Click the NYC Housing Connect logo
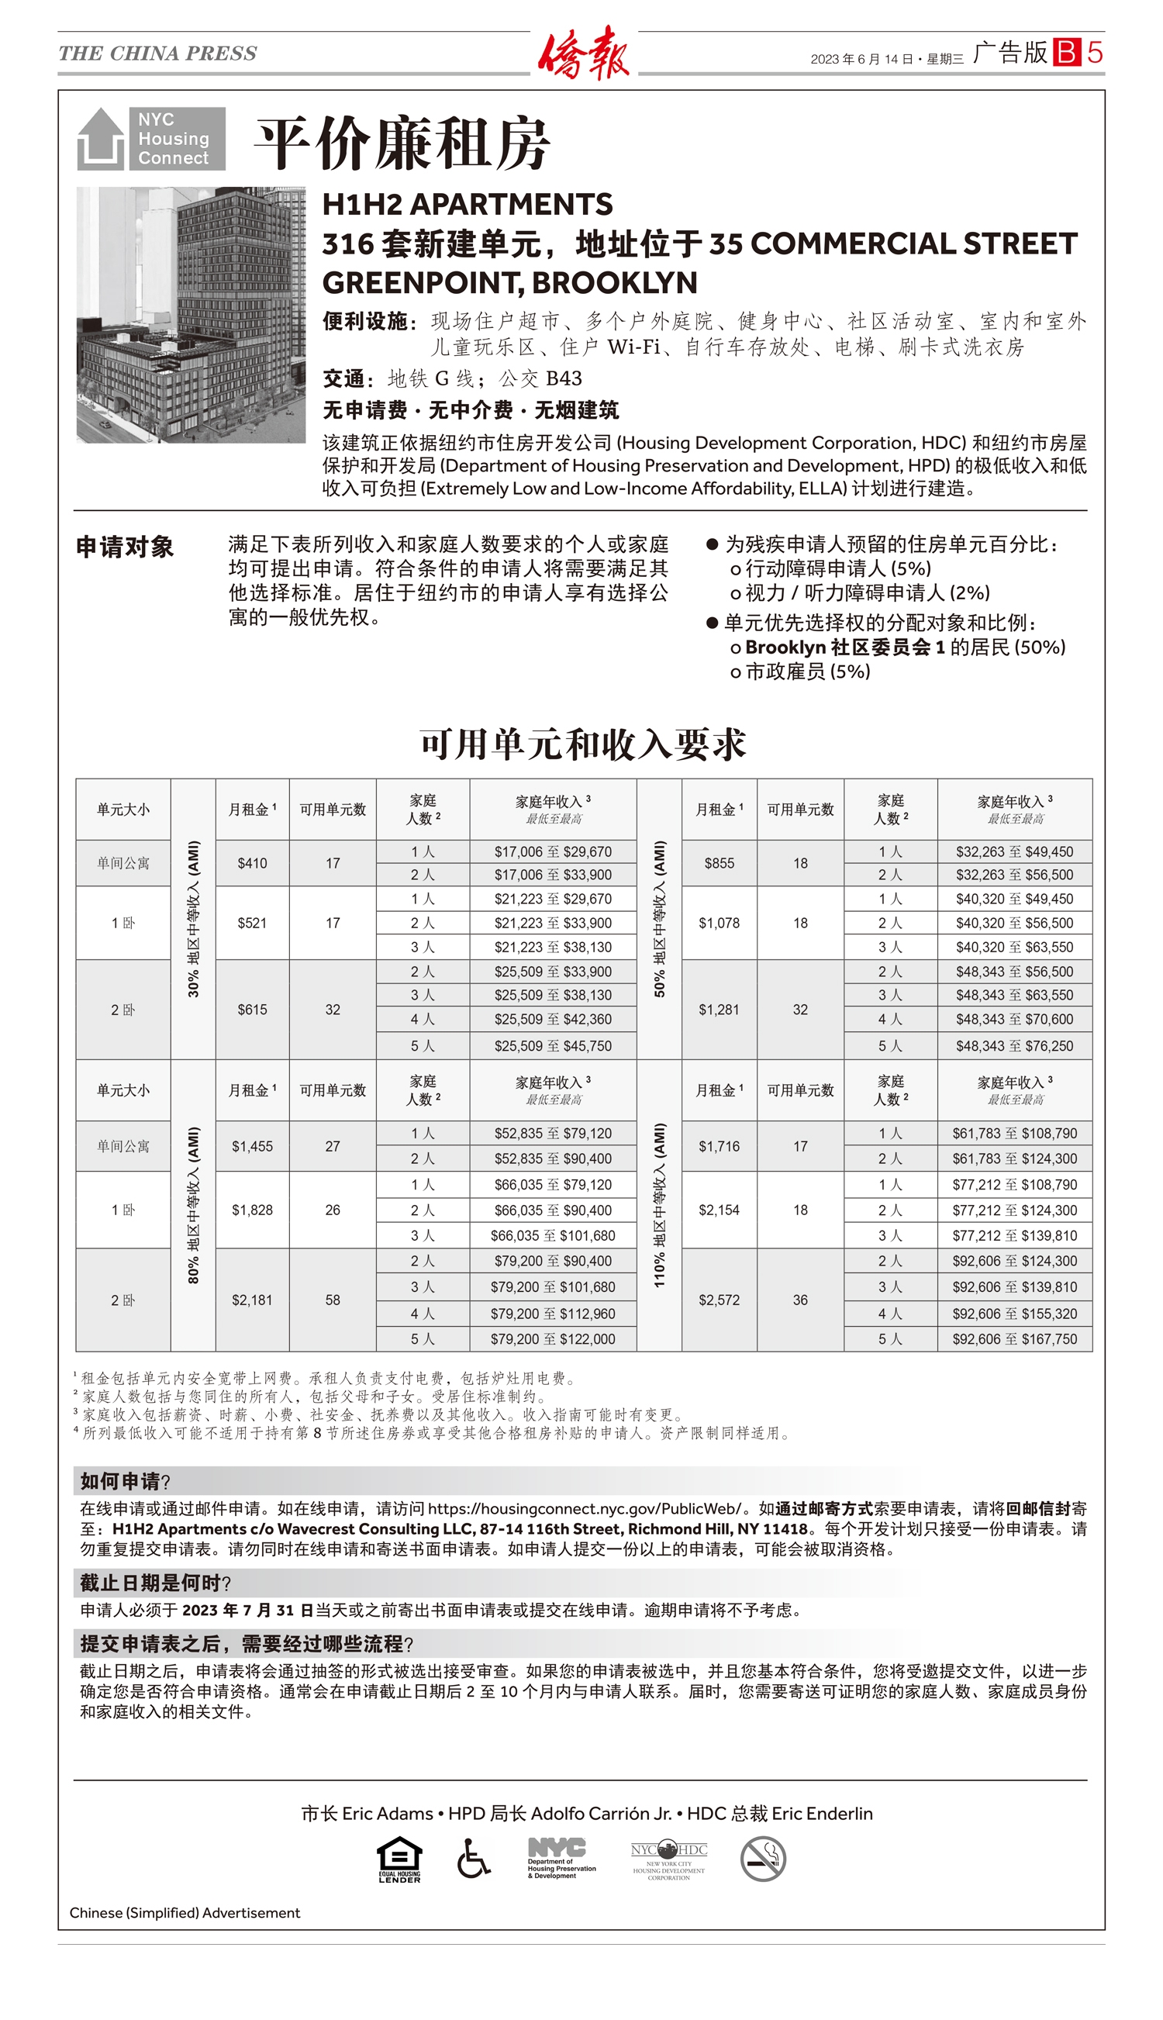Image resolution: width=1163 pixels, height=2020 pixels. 151,138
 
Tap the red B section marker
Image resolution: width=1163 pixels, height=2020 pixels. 1065,53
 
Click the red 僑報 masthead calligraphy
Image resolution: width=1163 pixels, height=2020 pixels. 583,53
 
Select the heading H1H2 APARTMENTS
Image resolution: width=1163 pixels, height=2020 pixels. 468,205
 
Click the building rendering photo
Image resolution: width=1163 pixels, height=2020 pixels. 191,315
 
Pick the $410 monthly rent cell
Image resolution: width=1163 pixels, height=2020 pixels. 253,862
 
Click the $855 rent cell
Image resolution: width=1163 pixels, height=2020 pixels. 719,862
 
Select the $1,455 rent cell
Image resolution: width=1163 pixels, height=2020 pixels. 253,1146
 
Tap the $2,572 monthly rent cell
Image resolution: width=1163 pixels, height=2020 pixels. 719,1300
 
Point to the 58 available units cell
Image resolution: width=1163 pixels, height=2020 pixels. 333,1300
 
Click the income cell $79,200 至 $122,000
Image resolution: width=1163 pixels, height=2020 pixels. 553,1338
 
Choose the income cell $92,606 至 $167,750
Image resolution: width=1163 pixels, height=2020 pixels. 1014,1338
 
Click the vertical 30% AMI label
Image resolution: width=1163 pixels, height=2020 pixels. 193,919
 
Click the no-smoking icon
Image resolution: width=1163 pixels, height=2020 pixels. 763,1859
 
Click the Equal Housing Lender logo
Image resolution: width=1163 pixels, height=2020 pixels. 399,1859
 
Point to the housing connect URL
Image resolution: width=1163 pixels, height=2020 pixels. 585,1508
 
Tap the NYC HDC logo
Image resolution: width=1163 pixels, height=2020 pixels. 668,1859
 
